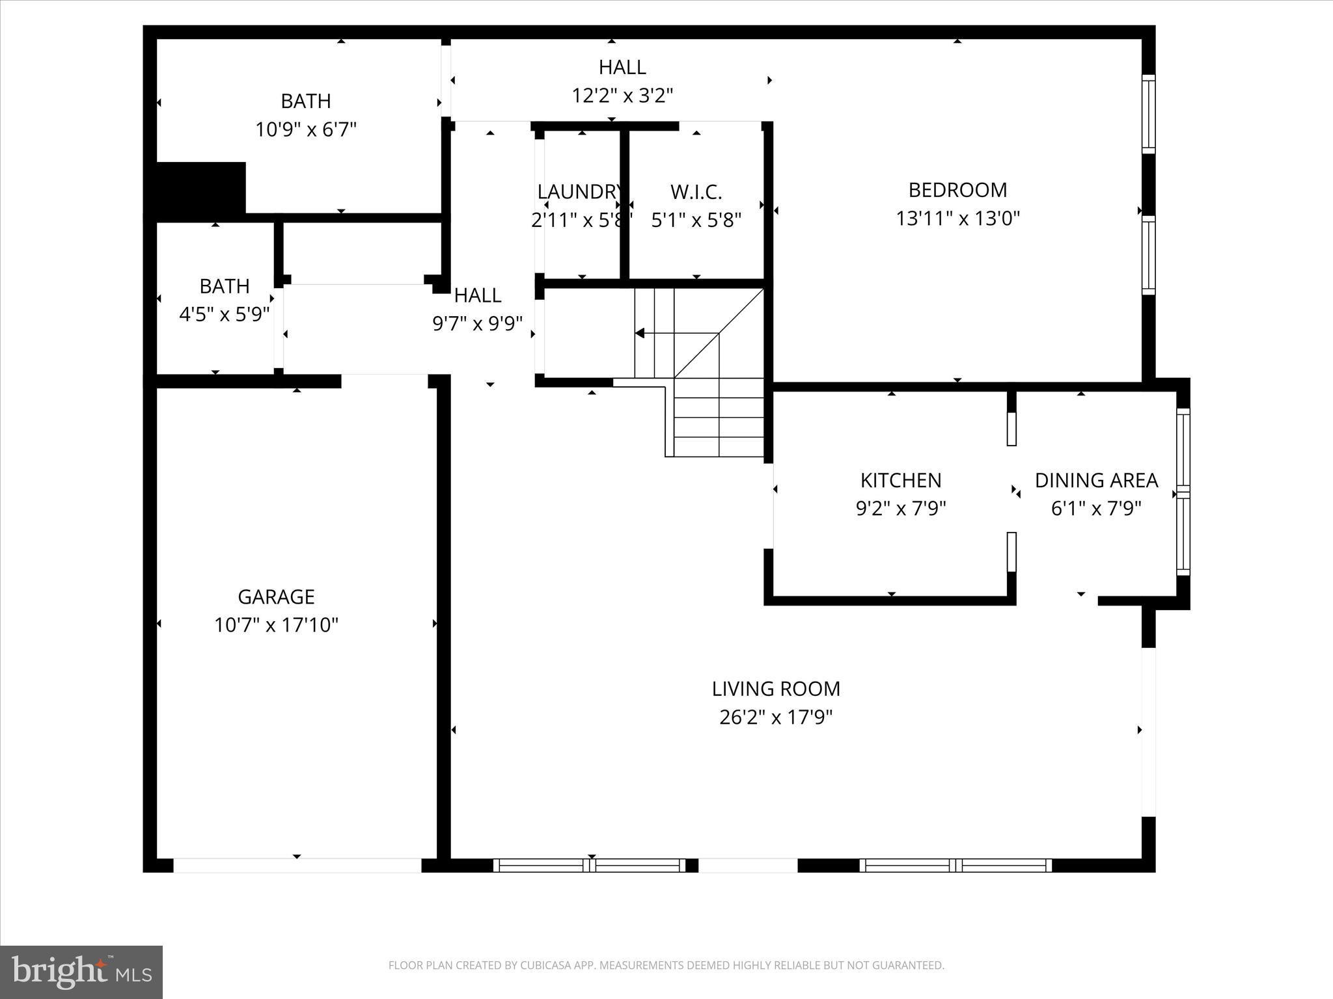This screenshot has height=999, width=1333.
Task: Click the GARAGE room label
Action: pos(276,596)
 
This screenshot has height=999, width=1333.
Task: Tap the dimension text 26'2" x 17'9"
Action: pos(776,717)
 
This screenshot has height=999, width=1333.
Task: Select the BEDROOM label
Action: pos(957,190)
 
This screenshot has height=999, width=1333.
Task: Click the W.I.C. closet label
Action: pos(696,193)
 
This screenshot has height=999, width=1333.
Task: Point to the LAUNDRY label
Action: pos(578,192)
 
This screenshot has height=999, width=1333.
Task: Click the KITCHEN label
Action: pos(901,481)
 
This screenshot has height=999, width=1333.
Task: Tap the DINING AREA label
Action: pos(1096,481)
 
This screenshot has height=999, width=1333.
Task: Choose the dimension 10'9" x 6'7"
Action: pos(306,130)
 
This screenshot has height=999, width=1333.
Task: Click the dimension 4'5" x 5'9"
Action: pos(224,315)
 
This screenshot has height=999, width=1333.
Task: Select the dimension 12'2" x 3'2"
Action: pos(622,96)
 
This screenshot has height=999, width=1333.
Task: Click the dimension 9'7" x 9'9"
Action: pos(478,323)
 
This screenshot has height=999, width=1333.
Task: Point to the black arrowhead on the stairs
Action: pos(640,334)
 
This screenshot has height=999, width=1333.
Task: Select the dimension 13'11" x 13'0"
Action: pos(957,219)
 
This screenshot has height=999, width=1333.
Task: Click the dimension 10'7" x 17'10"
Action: pos(276,626)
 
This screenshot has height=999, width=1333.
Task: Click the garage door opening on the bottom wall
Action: pos(297,866)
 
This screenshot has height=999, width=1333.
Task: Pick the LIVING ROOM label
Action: pos(776,689)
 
